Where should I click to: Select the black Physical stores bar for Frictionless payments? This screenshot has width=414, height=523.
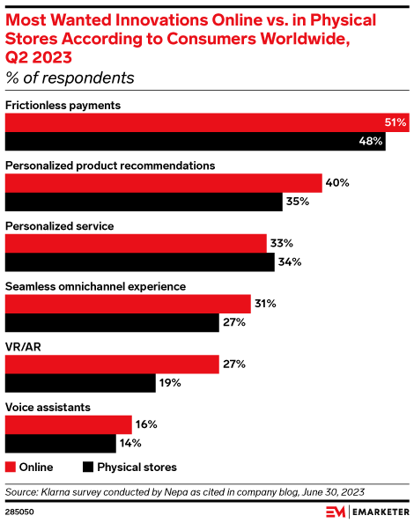[x=195, y=141]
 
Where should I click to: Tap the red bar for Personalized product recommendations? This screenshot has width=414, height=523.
[x=164, y=182]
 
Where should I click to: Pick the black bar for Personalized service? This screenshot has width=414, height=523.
[x=140, y=261]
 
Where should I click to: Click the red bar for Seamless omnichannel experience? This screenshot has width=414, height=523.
[x=129, y=304]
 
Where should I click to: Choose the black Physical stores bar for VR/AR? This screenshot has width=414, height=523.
[x=80, y=382]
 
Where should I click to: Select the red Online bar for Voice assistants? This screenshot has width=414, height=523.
[x=69, y=424]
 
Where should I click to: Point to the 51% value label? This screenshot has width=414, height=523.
[x=395, y=122]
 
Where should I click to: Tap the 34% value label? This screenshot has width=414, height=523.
[x=290, y=261]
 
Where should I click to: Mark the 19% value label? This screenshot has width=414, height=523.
[x=170, y=382]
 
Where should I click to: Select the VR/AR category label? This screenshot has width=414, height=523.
[x=22, y=346]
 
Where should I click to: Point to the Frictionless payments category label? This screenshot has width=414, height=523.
[x=63, y=106]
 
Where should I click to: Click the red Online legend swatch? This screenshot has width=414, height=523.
[x=11, y=467]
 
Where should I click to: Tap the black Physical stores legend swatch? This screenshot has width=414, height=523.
[x=88, y=467]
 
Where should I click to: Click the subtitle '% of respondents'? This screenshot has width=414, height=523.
[x=70, y=77]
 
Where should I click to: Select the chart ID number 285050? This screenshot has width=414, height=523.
[x=21, y=510]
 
